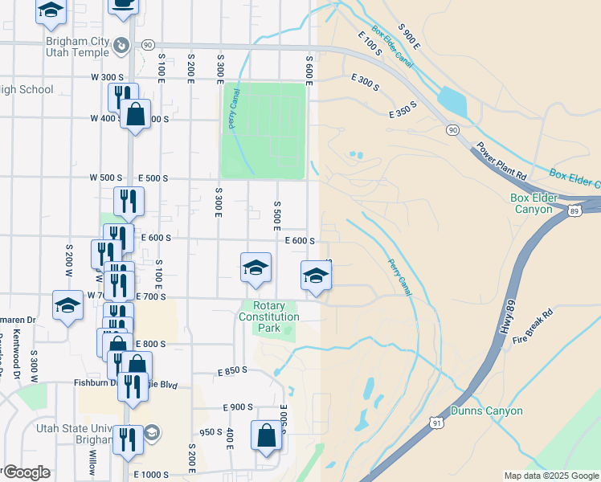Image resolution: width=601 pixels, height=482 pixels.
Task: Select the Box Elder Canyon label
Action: click(x=542, y=203)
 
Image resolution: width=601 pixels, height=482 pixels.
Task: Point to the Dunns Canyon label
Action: click(x=486, y=411)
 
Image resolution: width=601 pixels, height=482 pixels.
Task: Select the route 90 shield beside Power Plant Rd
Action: click(x=453, y=129)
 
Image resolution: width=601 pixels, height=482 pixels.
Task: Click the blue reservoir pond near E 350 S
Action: click(x=452, y=102)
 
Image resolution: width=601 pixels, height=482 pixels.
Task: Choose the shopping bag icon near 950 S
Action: click(x=266, y=435)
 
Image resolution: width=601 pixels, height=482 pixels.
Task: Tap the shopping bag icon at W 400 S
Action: click(x=136, y=114)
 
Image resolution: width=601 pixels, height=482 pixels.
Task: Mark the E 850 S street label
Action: click(x=233, y=372)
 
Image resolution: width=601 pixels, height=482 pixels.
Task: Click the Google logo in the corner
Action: click(x=26, y=472)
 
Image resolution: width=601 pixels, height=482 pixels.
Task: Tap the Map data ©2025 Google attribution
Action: click(x=550, y=476)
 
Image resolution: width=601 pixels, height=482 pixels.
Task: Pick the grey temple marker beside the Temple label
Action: click(x=121, y=45)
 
